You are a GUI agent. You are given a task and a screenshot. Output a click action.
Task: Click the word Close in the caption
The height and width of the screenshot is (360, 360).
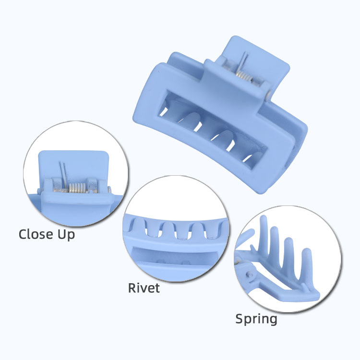[36, 234]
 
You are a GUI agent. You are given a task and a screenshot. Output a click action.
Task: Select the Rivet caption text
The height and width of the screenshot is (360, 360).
[144, 288]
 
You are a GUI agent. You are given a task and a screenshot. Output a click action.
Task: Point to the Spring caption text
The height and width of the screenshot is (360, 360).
[256, 319]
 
